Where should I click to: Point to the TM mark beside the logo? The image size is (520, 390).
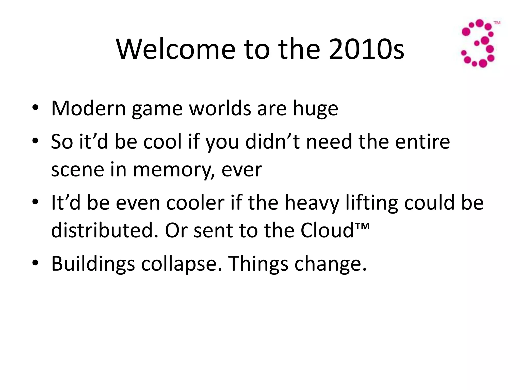tap(497, 23)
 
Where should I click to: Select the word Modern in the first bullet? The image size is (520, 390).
tap(89, 108)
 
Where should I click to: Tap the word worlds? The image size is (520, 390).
tap(220, 108)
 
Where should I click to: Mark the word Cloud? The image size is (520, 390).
tap(327, 230)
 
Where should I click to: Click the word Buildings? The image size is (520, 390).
tap(93, 264)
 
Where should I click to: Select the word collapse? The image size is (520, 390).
tap(181, 264)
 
